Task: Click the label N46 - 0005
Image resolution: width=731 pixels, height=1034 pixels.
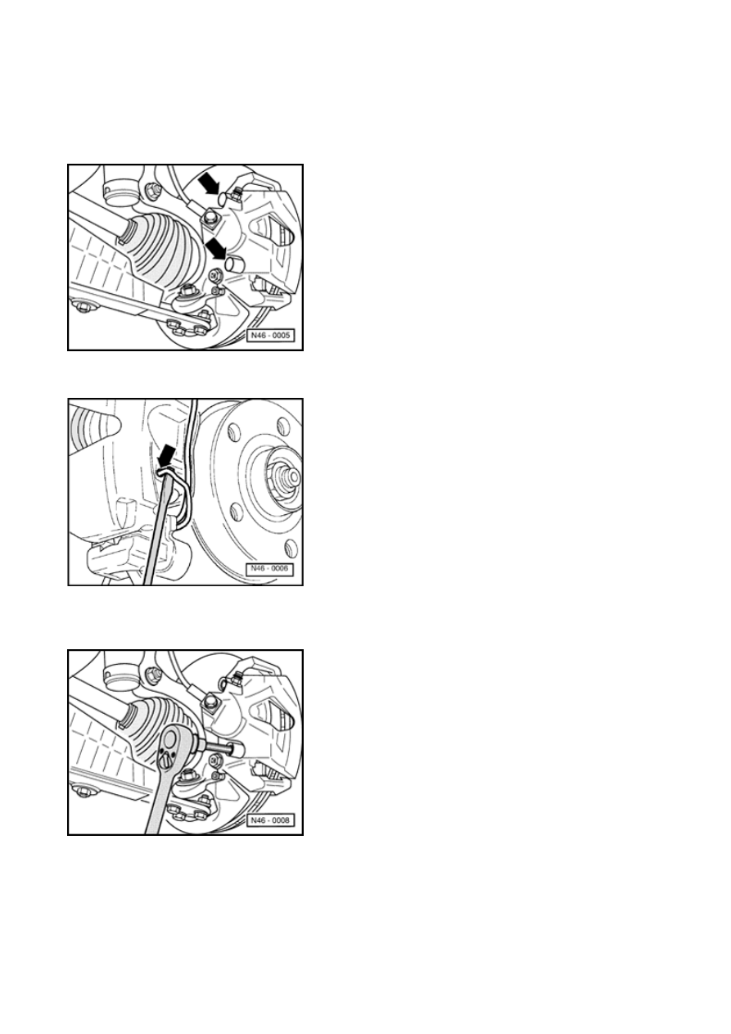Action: (x=270, y=336)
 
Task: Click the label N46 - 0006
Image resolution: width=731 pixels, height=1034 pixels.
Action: (x=270, y=569)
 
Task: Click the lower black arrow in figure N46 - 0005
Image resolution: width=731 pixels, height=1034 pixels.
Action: (x=216, y=248)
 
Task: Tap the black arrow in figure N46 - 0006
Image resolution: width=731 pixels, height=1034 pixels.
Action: (x=167, y=456)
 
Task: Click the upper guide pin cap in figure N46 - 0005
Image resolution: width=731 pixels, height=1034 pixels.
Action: (x=223, y=198)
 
